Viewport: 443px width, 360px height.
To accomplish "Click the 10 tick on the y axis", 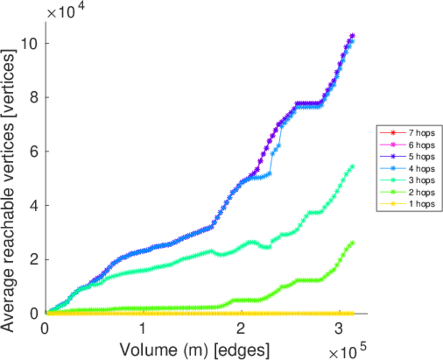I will pos(31,44).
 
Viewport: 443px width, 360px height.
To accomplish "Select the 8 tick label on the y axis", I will pos(35,98).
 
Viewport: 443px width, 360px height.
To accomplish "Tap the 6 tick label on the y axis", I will pos(35,152).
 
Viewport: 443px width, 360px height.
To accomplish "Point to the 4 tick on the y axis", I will pos(35,206).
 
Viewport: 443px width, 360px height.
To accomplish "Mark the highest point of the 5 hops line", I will pos(352,36).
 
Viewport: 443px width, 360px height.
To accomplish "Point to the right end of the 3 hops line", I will pos(352,166).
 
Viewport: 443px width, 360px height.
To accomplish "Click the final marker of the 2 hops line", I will pos(352,242).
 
